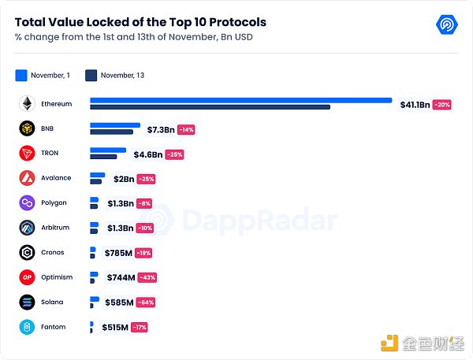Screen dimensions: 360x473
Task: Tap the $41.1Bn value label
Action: (413, 104)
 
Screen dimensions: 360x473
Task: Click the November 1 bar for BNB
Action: (115, 125)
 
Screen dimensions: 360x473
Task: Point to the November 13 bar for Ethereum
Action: (210, 106)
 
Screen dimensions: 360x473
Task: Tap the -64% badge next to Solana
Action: (144, 302)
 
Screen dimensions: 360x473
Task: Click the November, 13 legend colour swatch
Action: (91, 76)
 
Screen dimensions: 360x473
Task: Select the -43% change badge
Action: (147, 277)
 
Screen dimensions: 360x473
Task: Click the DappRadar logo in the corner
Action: (448, 24)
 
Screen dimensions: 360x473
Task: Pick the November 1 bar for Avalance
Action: (97, 175)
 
